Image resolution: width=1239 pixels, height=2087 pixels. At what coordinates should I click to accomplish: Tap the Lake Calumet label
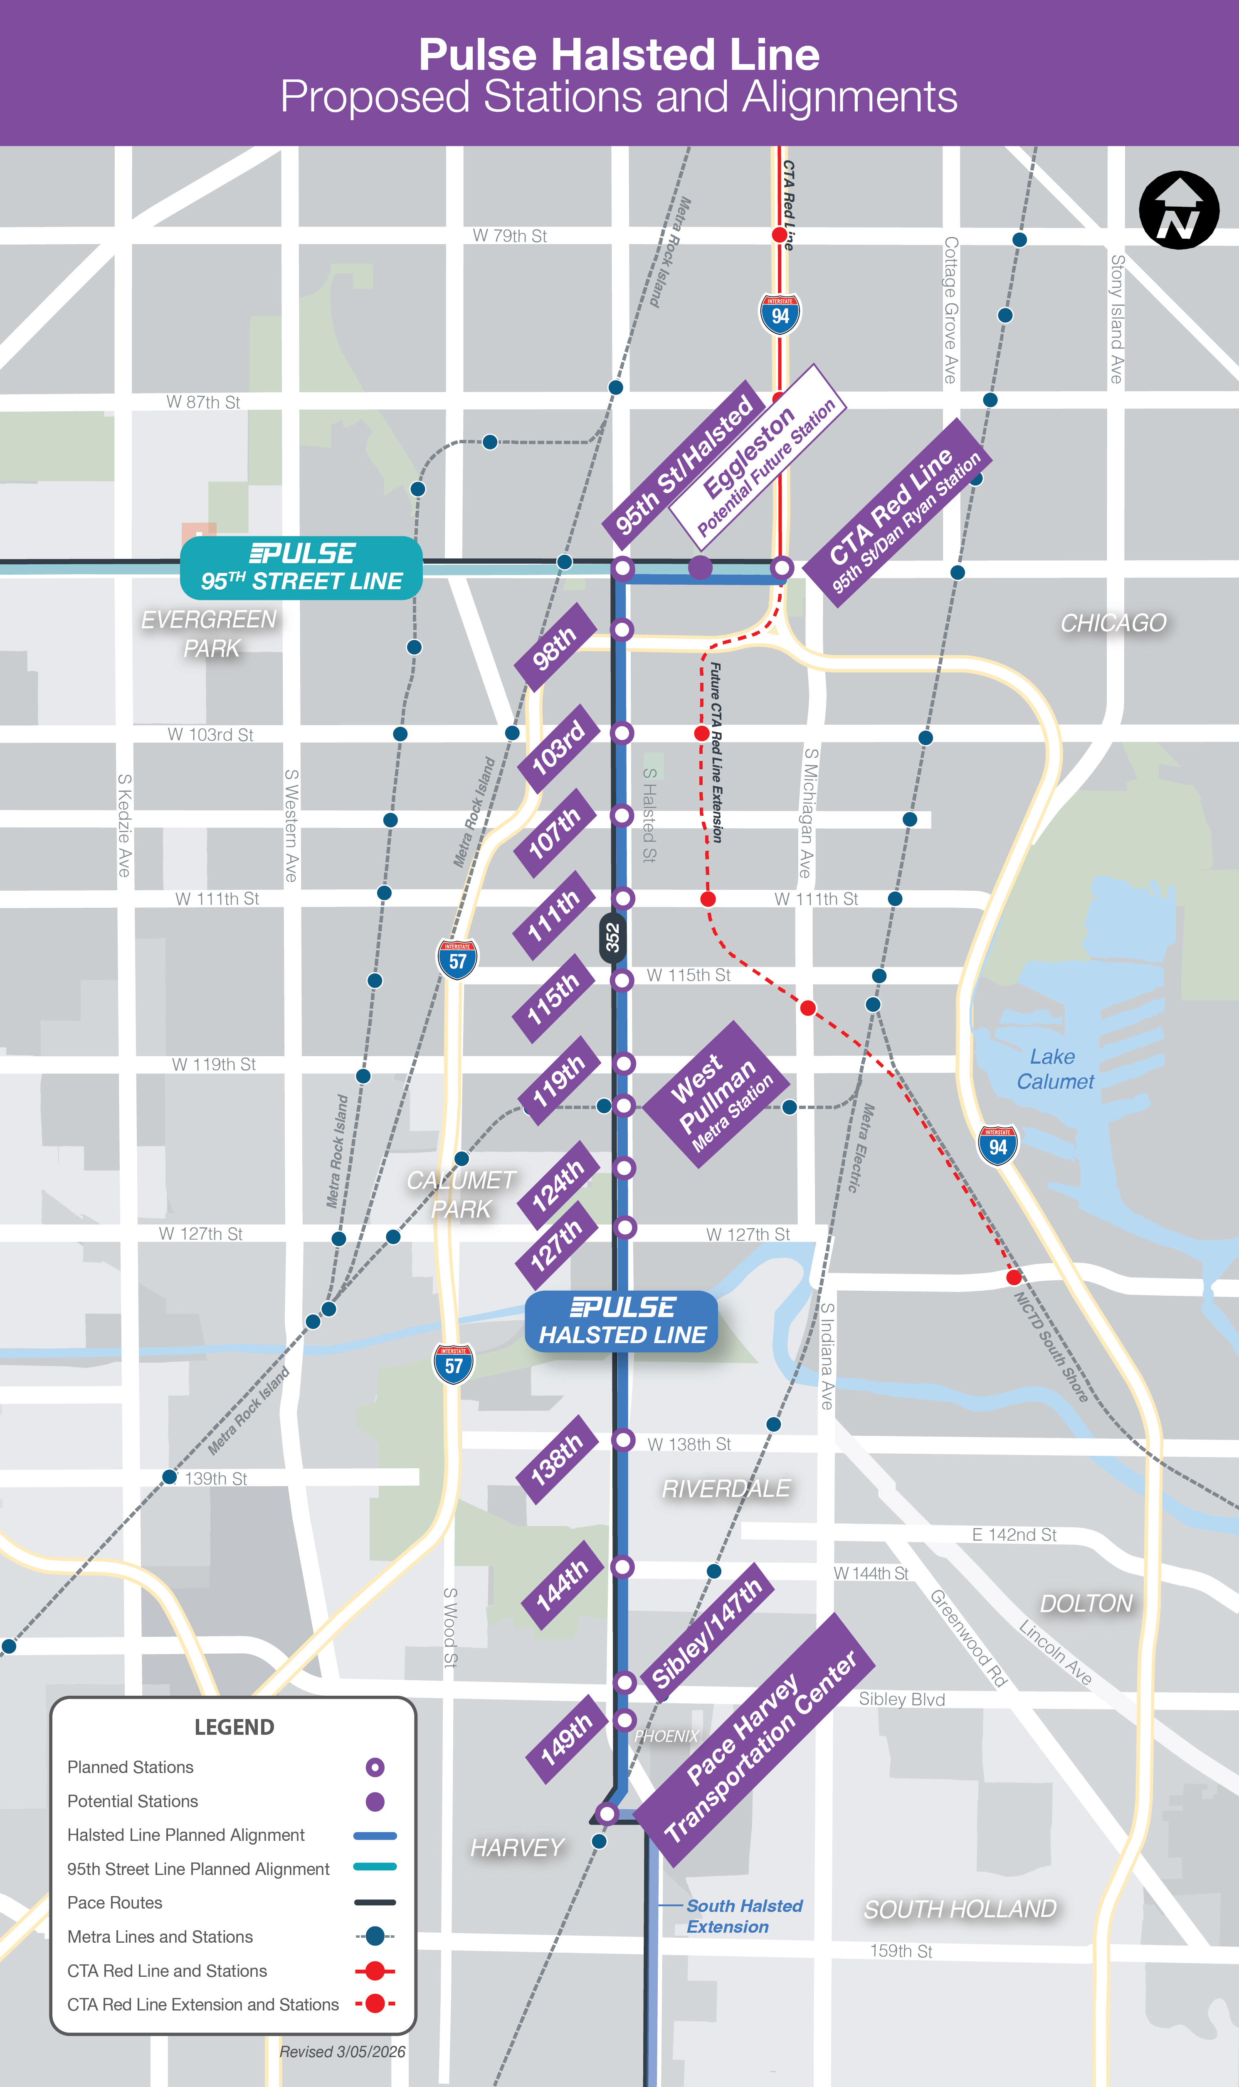(1054, 1069)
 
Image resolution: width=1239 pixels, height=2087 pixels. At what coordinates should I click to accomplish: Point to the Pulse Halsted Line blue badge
(621, 1321)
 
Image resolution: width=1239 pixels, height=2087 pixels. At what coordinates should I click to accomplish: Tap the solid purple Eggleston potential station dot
(700, 568)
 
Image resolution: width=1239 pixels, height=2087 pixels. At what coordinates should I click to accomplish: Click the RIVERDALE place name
(726, 1489)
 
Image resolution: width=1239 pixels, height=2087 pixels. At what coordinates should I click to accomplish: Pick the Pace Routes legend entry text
(115, 1902)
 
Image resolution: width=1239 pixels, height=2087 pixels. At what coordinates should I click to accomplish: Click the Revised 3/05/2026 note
(342, 2051)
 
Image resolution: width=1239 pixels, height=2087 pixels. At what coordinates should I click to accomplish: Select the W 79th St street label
(509, 236)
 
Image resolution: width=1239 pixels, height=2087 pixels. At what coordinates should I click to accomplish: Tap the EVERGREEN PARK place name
(210, 634)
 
